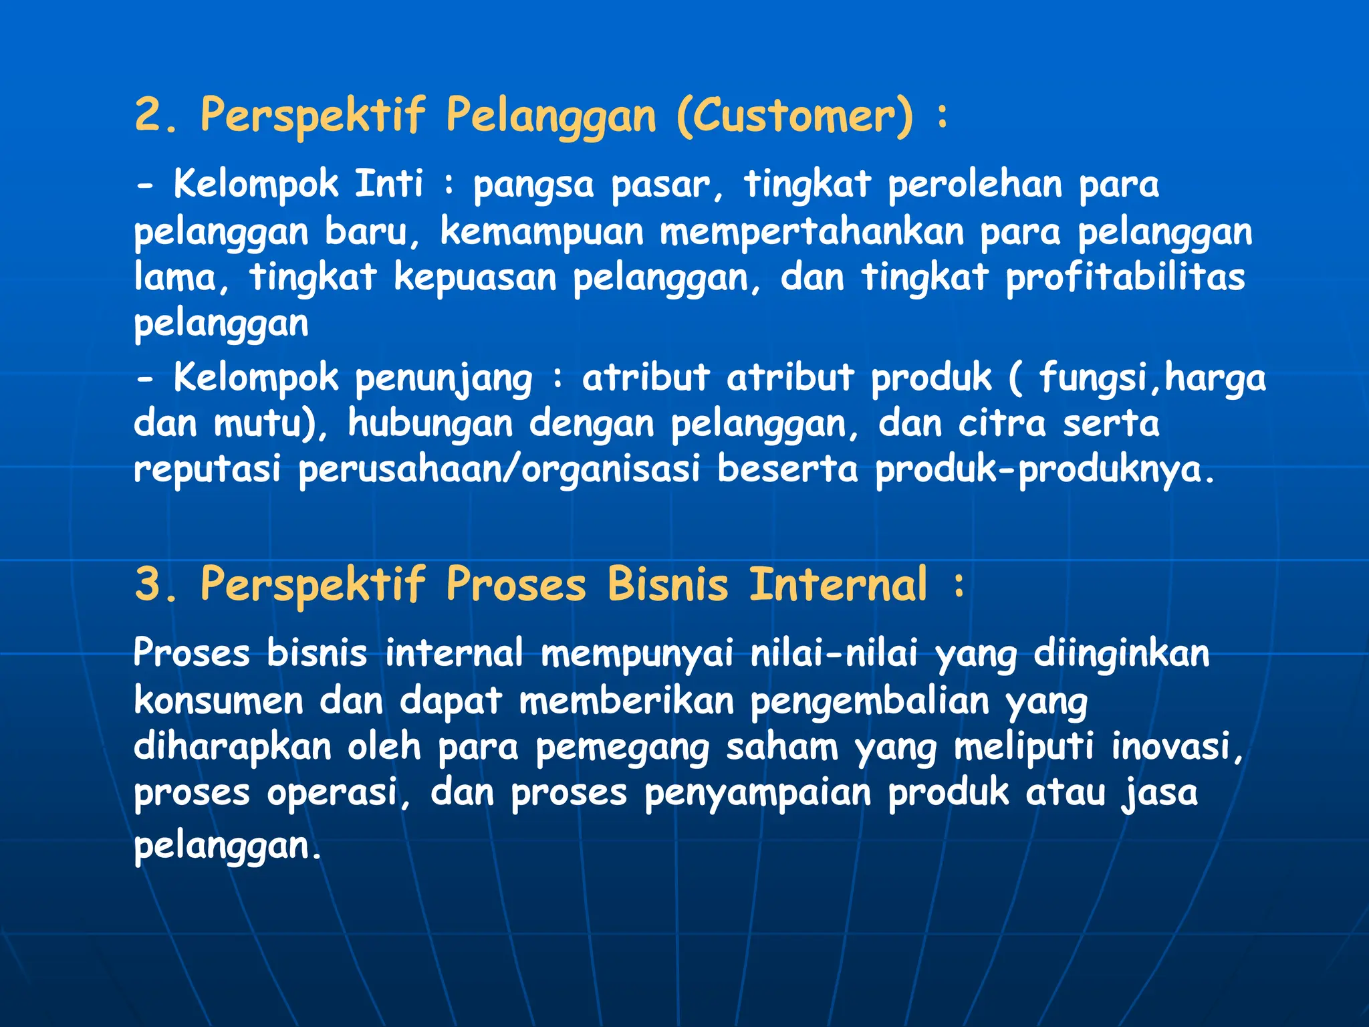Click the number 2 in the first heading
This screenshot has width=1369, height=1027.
[150, 115]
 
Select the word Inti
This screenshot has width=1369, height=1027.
[388, 183]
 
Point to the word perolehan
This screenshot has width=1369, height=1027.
[975, 185]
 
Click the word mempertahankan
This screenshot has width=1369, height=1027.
[812, 232]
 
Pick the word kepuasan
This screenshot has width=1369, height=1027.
[475, 278]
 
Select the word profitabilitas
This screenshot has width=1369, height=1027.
[1126, 277]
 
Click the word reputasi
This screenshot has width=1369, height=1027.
[207, 469]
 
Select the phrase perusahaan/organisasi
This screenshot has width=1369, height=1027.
[499, 469]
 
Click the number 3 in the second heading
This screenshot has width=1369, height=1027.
[150, 584]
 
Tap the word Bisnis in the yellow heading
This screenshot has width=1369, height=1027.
[667, 584]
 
